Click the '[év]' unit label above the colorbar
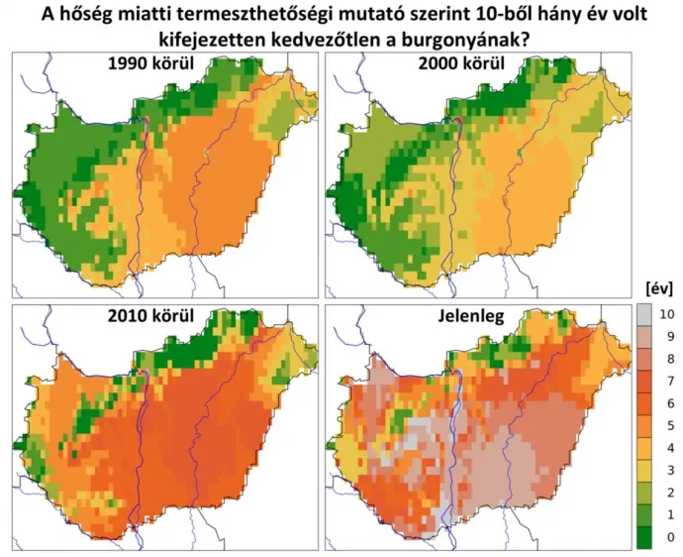[658, 288]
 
